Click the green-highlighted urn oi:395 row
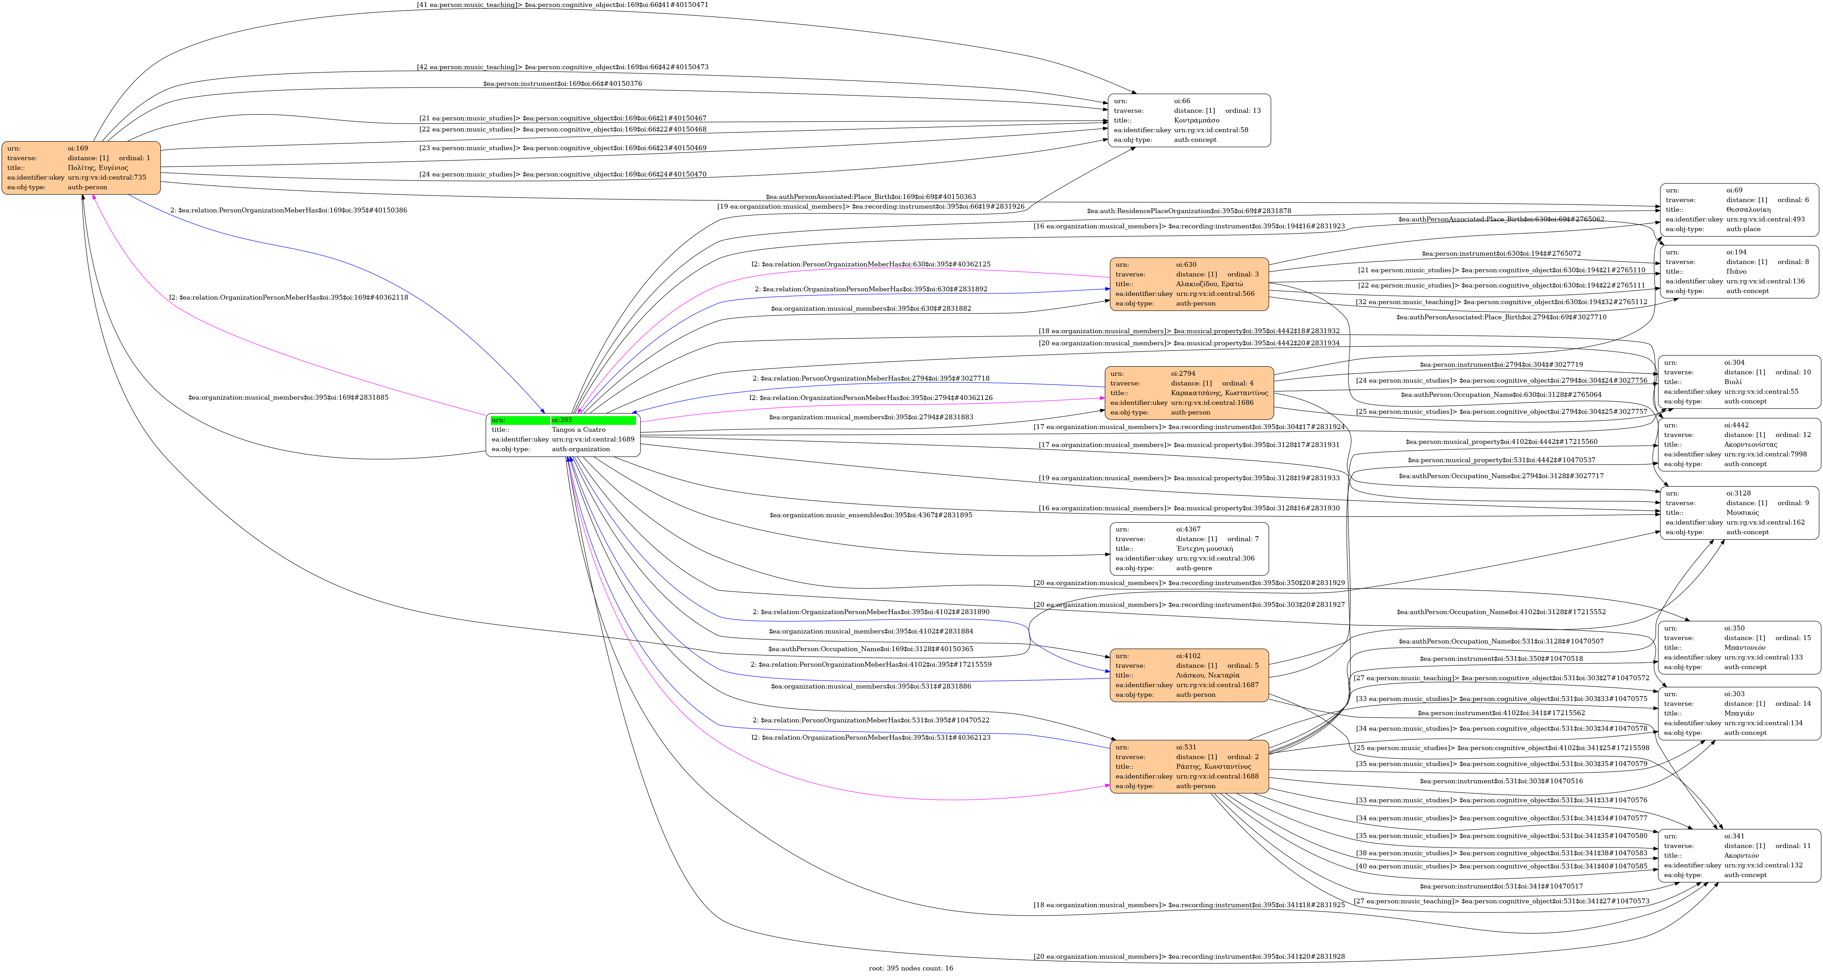(x=563, y=420)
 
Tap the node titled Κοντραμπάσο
(x=1189, y=120)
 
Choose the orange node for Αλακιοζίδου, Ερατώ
(x=1189, y=284)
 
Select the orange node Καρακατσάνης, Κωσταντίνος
(x=1189, y=393)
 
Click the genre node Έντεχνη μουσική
(x=1189, y=548)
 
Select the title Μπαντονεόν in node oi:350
(x=1744, y=648)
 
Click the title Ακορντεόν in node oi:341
(x=1741, y=856)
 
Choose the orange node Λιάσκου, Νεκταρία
(x=1189, y=675)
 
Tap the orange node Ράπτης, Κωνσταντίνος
(x=1189, y=766)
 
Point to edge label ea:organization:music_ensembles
(x=870, y=515)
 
